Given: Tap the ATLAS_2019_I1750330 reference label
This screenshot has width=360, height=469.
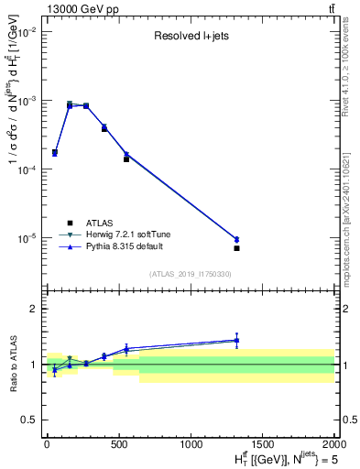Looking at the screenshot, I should [190, 274].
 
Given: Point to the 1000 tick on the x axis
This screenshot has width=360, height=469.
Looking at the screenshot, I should [191, 444].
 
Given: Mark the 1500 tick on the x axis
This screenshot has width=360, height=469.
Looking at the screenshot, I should [262, 444].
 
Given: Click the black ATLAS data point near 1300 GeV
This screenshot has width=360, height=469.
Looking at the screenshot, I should [236, 248].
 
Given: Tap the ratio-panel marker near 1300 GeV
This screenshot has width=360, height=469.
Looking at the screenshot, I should [236, 341].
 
